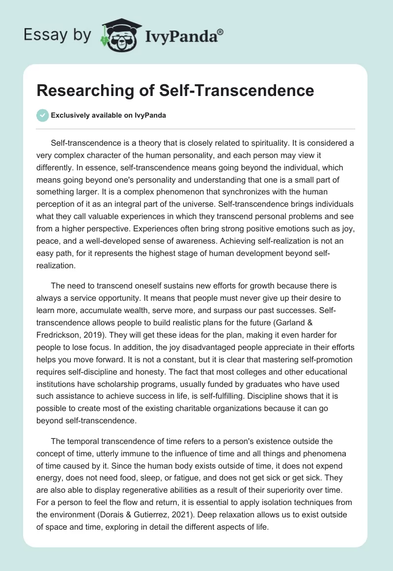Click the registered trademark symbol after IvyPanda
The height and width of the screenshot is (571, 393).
click(x=220, y=32)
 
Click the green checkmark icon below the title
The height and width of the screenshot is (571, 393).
click(x=42, y=116)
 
